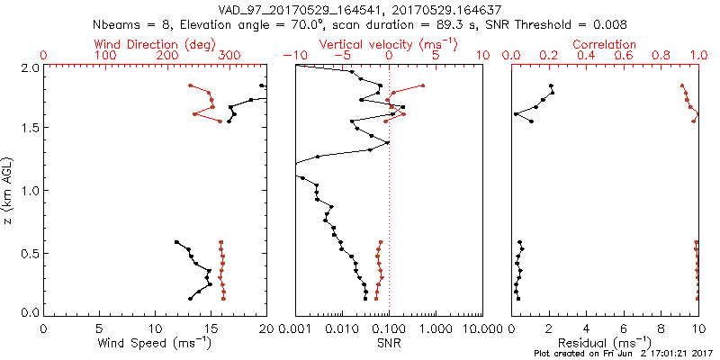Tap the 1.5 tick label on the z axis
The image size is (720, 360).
(29, 128)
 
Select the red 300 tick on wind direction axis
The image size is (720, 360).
(229, 56)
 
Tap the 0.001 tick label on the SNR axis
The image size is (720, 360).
(294, 328)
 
